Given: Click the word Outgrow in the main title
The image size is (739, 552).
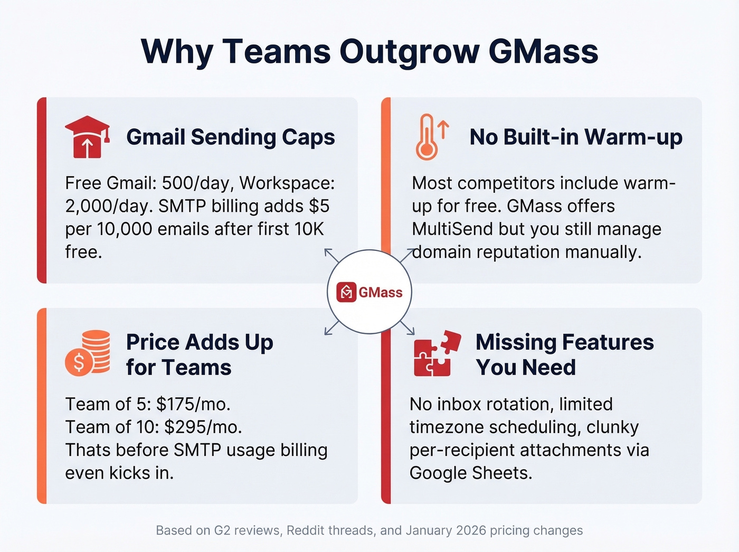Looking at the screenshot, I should pyautogui.click(x=409, y=52).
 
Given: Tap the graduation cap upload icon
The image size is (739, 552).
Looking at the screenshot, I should pyautogui.click(x=87, y=137).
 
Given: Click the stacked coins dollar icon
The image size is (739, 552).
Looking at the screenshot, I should pyautogui.click(x=88, y=352).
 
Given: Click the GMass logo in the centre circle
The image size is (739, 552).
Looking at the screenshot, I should pyautogui.click(x=369, y=292).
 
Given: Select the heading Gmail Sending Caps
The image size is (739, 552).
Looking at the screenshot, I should pyautogui.click(x=231, y=137).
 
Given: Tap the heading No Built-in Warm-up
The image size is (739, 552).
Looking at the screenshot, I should pyautogui.click(x=576, y=137).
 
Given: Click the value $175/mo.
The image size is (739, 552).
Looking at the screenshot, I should pyautogui.click(x=193, y=404).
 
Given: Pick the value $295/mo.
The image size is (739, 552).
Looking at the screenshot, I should pyautogui.click(x=203, y=427).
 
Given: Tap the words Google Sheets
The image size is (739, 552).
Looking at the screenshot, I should pyautogui.click(x=470, y=473).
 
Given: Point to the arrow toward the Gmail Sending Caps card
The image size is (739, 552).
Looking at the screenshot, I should pyautogui.click(x=331, y=255).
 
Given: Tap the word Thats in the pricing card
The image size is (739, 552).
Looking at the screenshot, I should pyautogui.click(x=88, y=450).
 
